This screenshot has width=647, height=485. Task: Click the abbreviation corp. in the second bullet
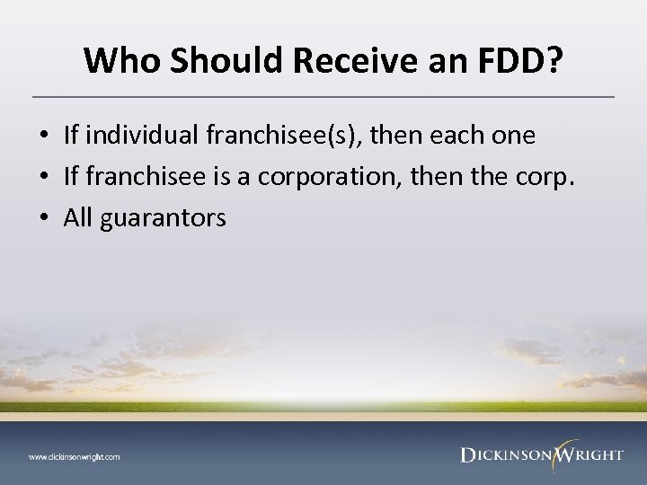coord(545,177)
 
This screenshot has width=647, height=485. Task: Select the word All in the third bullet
coord(78,218)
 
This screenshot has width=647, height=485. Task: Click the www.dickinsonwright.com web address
coord(74,456)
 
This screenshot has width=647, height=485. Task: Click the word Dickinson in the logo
coord(504,455)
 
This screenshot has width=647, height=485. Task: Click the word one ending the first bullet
coord(515,136)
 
